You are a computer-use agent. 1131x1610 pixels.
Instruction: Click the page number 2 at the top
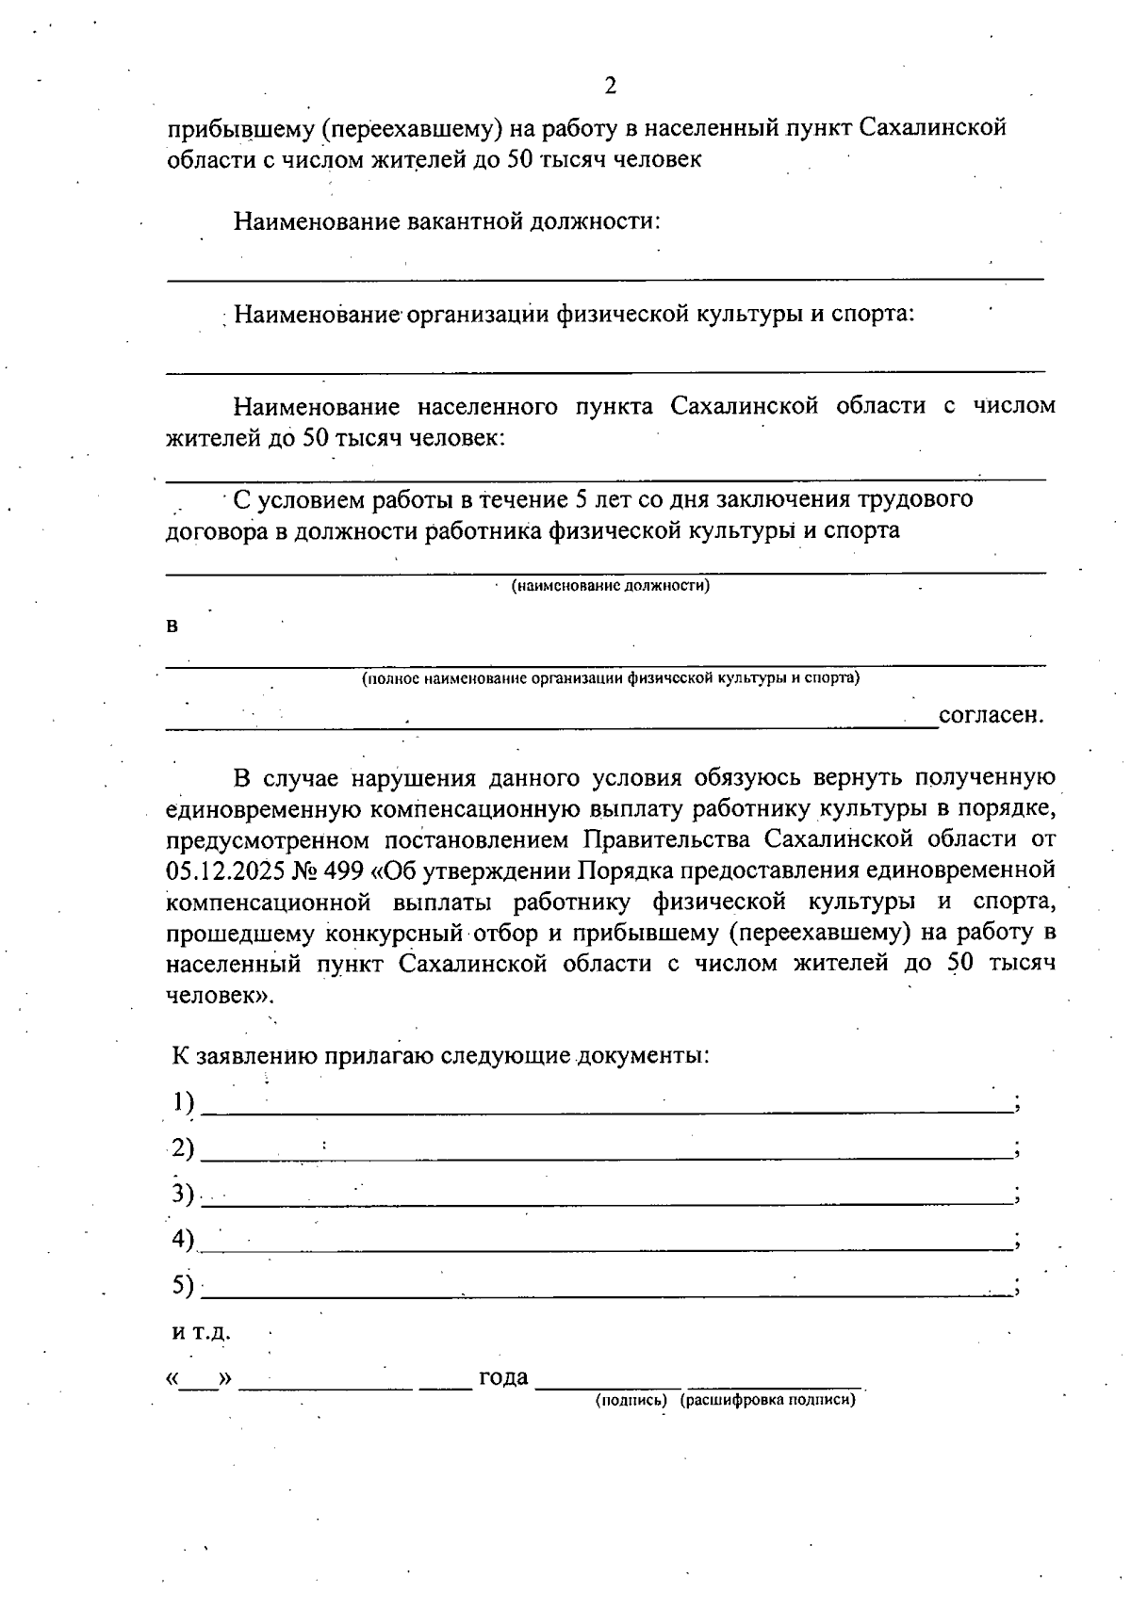point(609,87)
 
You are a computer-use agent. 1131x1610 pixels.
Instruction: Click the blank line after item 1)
point(607,1111)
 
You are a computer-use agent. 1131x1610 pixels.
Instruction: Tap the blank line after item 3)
point(607,1202)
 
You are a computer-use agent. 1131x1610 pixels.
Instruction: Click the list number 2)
point(183,1147)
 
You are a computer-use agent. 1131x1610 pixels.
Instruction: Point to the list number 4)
point(183,1239)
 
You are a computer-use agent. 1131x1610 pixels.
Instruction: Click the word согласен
point(992,714)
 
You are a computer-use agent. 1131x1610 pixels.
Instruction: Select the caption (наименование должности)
point(610,586)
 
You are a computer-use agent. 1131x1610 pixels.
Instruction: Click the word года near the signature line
point(503,1377)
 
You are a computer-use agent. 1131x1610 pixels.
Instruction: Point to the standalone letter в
point(172,626)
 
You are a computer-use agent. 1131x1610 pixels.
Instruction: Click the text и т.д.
point(200,1333)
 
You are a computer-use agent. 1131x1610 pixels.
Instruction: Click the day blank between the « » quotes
point(199,1381)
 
